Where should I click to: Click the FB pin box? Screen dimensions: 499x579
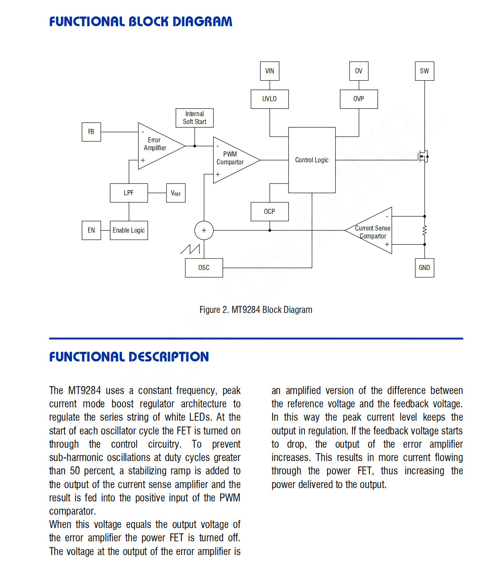(x=91, y=132)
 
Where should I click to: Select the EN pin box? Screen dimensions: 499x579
(x=91, y=230)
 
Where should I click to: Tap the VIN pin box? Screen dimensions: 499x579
(x=269, y=71)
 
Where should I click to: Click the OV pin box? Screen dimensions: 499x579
(x=358, y=71)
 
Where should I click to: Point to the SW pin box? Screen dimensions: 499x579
(x=424, y=71)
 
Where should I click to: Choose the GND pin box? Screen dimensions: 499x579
(x=424, y=268)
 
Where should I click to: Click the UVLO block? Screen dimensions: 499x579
(x=269, y=99)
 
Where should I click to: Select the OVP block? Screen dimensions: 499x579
(x=358, y=99)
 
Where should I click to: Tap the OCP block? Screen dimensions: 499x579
(x=269, y=211)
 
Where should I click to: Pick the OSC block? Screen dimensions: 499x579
(x=204, y=268)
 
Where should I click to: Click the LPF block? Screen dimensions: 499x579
(x=129, y=193)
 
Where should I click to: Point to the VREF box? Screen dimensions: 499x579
(x=175, y=193)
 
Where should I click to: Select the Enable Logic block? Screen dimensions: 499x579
(x=129, y=230)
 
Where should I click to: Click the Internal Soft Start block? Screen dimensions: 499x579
(x=194, y=118)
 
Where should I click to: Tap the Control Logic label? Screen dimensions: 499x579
(x=311, y=160)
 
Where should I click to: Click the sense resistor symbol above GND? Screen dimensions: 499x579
(x=425, y=230)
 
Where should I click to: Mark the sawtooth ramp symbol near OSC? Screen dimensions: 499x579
(x=190, y=249)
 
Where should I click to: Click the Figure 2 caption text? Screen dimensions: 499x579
(x=256, y=310)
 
